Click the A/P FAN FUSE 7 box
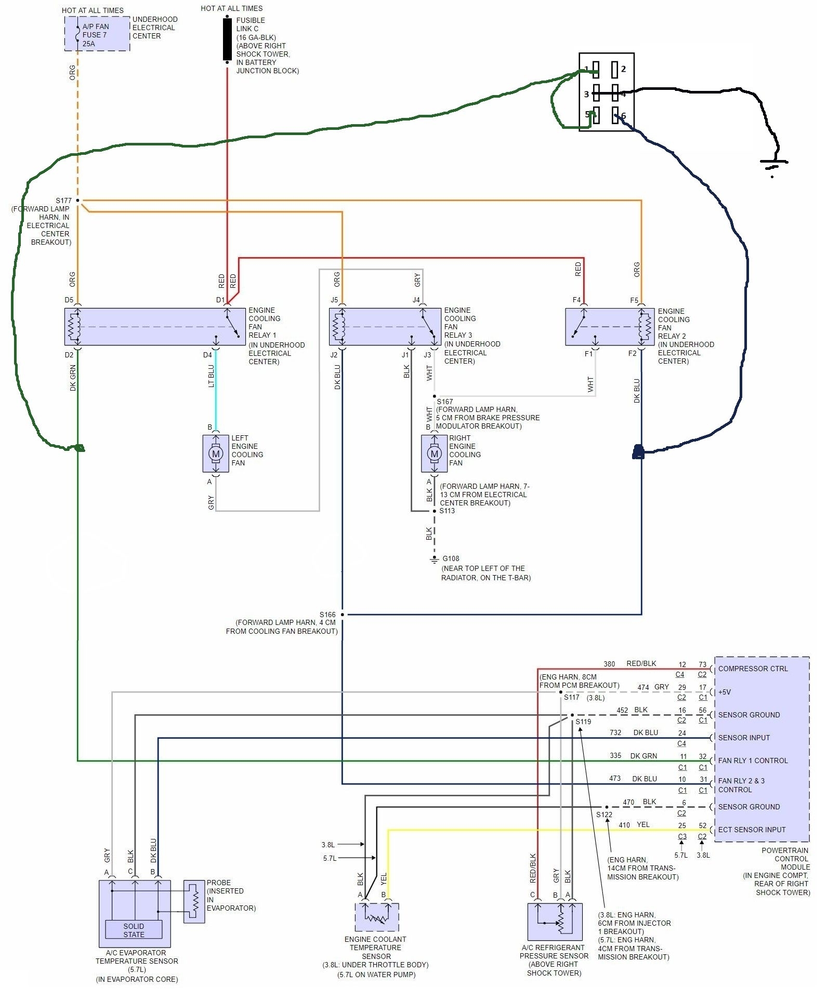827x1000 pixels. [x=97, y=34]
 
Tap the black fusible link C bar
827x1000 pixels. [x=227, y=39]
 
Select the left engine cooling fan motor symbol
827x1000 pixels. [x=216, y=454]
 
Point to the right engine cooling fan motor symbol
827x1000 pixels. [x=434, y=454]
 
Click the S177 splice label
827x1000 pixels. [x=63, y=201]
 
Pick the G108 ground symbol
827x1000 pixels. [x=434, y=559]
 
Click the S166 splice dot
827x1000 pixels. [x=342, y=615]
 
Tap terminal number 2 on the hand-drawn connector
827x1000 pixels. [x=623, y=69]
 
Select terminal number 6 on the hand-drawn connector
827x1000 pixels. [x=623, y=116]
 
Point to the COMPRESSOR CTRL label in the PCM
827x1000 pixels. [x=753, y=669]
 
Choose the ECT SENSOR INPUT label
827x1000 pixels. [x=752, y=830]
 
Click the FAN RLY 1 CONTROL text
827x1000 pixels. [x=753, y=761]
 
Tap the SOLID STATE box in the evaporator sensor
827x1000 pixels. [x=134, y=930]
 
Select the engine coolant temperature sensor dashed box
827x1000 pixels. [x=377, y=917]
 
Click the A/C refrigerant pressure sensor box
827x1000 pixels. [x=555, y=922]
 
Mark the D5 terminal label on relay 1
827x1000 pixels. [x=69, y=300]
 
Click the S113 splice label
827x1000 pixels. [x=447, y=511]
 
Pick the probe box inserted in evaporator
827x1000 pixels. [x=194, y=901]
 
